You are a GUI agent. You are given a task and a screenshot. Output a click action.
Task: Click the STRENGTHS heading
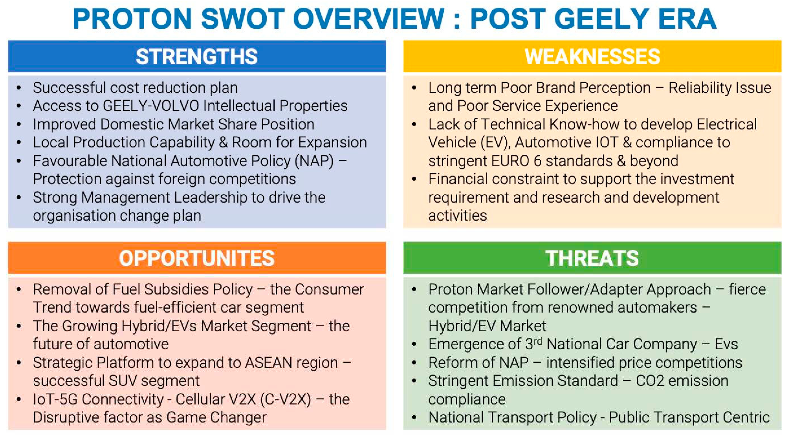point(197,57)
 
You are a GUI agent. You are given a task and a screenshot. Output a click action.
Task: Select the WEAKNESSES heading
point(592,57)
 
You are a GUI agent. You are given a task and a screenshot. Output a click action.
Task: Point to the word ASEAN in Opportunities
point(268,363)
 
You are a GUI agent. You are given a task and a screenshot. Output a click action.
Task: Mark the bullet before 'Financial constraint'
point(414,179)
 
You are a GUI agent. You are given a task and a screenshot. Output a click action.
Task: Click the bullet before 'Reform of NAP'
point(414,363)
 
